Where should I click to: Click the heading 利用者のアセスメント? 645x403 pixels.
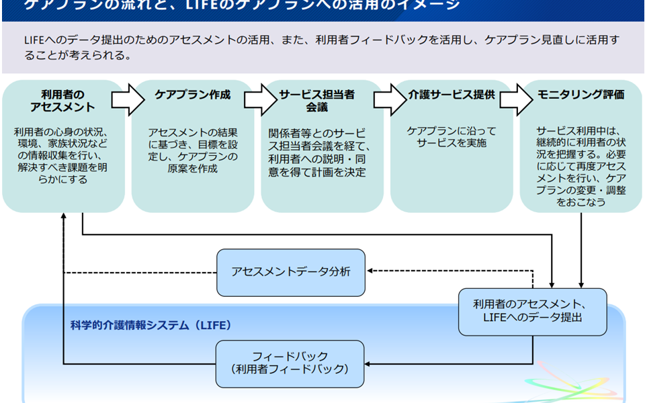(x=62, y=101)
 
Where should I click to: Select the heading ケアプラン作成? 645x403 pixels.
(x=193, y=95)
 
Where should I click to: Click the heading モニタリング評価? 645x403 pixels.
(x=580, y=95)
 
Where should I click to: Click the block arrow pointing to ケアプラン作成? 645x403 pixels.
(x=128, y=99)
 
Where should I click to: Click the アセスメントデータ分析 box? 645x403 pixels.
(x=290, y=272)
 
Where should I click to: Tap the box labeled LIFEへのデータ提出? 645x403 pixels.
(x=533, y=312)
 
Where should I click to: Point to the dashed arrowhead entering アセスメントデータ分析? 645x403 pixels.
(x=370, y=272)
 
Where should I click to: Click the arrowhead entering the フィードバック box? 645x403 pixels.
(x=369, y=363)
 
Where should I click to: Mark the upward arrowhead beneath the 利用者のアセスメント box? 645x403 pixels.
(x=63, y=218)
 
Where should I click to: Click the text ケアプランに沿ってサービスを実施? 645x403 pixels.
(x=451, y=137)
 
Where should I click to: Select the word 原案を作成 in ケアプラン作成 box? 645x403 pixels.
(x=193, y=169)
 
